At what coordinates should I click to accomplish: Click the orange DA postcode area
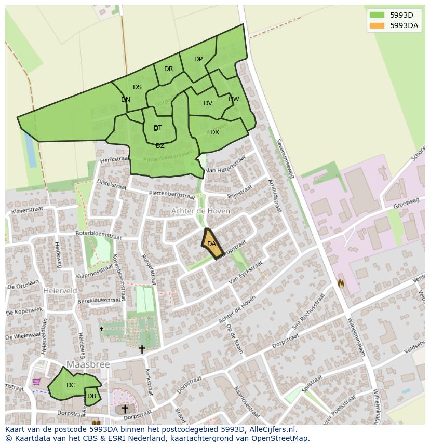pyautogui.click(x=211, y=244)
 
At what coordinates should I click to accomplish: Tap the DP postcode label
pyautogui.click(x=198, y=59)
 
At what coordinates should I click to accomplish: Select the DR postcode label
pyautogui.click(x=168, y=69)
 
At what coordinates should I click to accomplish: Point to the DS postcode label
pyautogui.click(x=137, y=87)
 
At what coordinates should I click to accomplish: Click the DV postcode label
pyautogui.click(x=208, y=103)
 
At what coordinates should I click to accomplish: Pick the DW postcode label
pyautogui.click(x=234, y=99)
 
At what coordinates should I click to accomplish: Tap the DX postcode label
pyautogui.click(x=214, y=132)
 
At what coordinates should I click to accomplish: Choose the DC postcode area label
pyautogui.click(x=71, y=385)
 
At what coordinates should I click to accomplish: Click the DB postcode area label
pyautogui.click(x=91, y=396)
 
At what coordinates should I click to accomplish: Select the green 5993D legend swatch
pyautogui.click(x=377, y=15)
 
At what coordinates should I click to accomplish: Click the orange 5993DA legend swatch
pyautogui.click(x=377, y=26)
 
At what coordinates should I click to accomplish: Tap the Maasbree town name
pyautogui.click(x=88, y=365)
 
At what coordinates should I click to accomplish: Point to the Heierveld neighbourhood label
pyautogui.click(x=61, y=291)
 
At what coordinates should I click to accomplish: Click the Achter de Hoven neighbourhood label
pyautogui.click(x=200, y=211)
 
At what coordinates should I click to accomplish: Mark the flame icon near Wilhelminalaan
pyautogui.click(x=341, y=283)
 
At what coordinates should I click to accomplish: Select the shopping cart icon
pyautogui.click(x=36, y=382)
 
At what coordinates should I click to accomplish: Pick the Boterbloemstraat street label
pyautogui.click(x=98, y=235)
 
